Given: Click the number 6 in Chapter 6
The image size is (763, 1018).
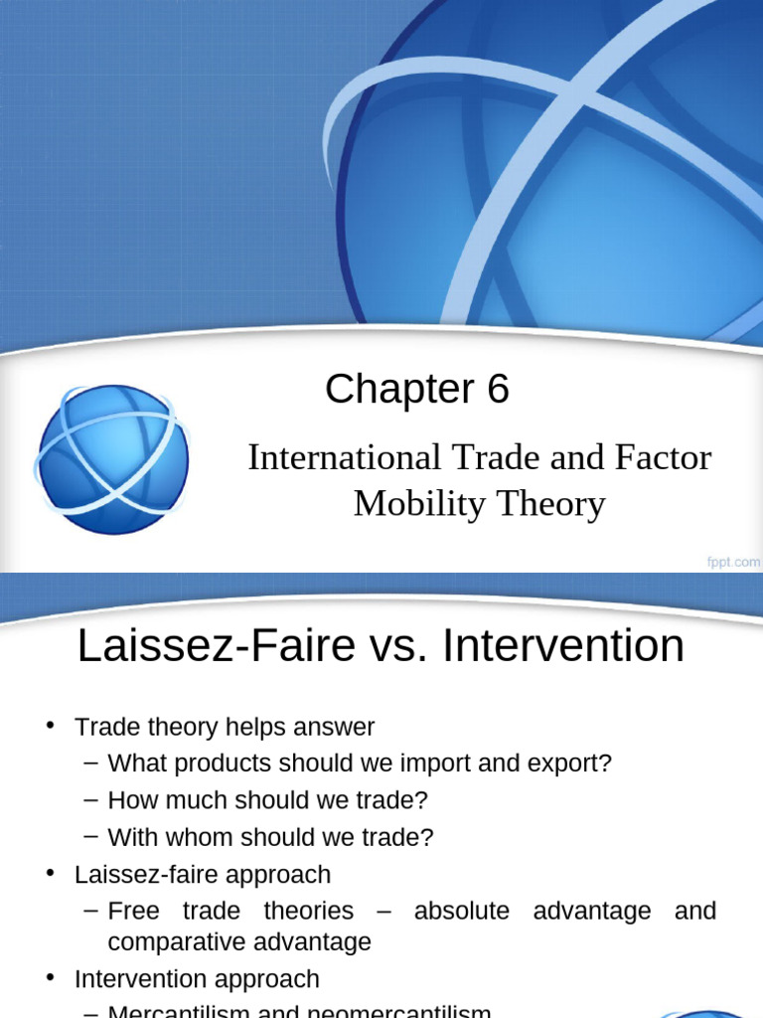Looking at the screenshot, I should tap(498, 390).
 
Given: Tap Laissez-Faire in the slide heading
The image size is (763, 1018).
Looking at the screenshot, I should tap(216, 646).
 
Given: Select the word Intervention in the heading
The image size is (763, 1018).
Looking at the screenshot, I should tap(563, 646).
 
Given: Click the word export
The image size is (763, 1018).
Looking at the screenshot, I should tap(572, 763).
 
